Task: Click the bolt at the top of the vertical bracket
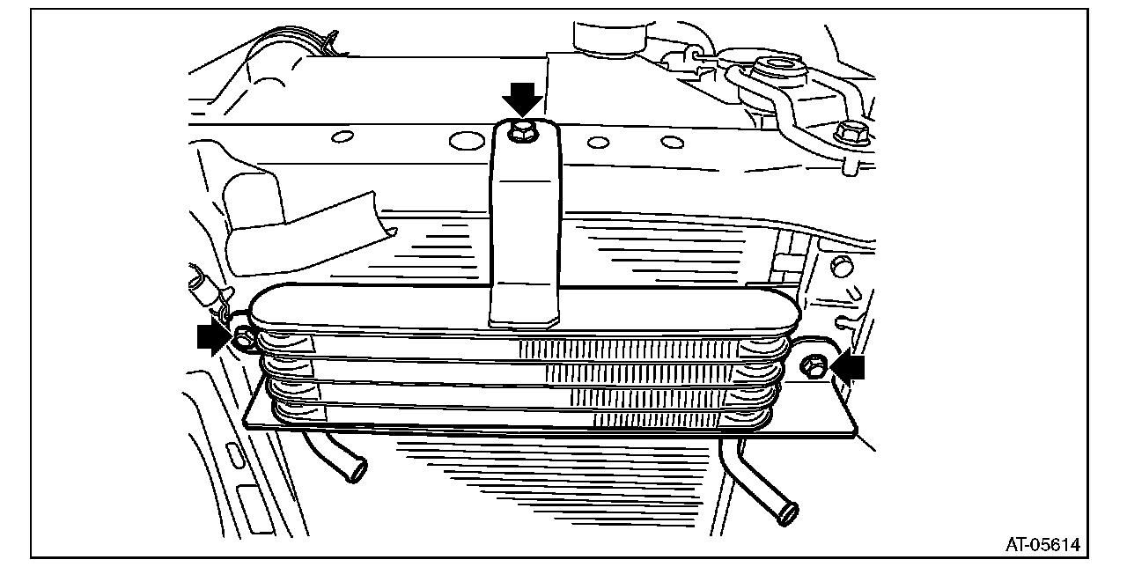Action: pyautogui.click(x=523, y=134)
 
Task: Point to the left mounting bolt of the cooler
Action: pyautogui.click(x=243, y=335)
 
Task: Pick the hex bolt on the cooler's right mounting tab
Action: pyautogui.click(x=814, y=366)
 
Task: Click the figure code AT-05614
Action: pyautogui.click(x=1043, y=544)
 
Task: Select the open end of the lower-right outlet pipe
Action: pyautogui.click(x=789, y=513)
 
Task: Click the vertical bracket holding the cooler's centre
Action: pyautogui.click(x=525, y=238)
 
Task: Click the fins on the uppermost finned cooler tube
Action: pyautogui.click(x=625, y=350)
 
